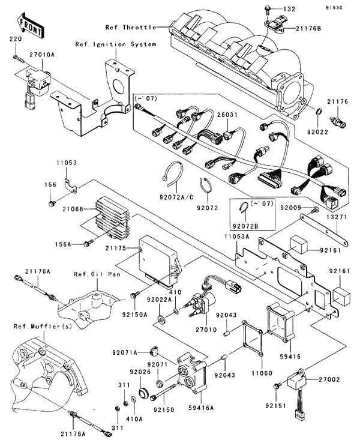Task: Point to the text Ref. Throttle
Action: coord(130,27)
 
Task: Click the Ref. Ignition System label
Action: coord(116,44)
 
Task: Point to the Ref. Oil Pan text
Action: coord(93,276)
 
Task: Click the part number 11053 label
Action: coord(68,163)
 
